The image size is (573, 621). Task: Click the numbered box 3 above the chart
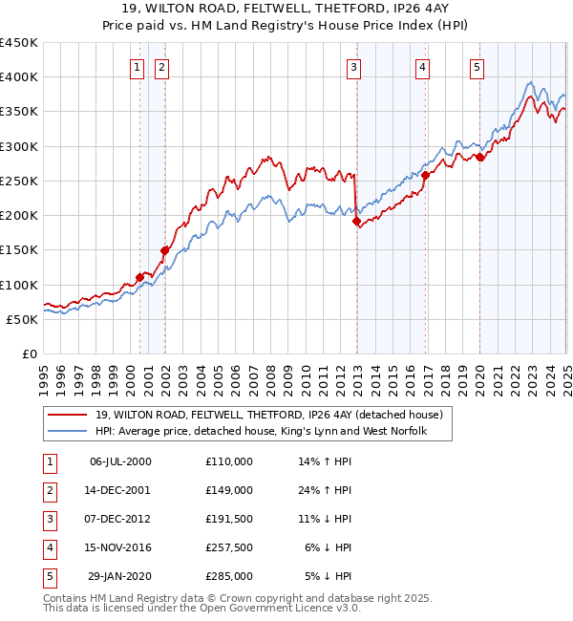(353, 67)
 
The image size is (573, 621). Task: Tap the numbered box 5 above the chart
(477, 67)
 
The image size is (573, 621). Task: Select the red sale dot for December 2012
(357, 222)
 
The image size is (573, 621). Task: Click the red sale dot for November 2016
(425, 176)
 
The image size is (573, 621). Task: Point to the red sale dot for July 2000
(139, 278)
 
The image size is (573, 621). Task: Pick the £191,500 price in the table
(228, 519)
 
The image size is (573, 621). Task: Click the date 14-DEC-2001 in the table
(119, 490)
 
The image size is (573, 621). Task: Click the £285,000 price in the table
(228, 576)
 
